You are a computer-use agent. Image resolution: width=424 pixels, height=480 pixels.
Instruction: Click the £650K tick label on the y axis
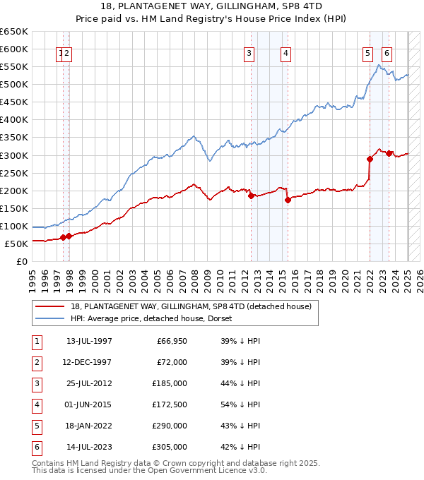click(x=14, y=32)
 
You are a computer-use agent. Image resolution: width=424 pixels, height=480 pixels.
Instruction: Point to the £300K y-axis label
click(x=14, y=155)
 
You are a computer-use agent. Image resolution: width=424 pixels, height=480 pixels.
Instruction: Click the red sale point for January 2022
click(x=370, y=159)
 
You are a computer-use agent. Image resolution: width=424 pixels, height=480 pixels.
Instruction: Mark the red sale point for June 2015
click(x=288, y=200)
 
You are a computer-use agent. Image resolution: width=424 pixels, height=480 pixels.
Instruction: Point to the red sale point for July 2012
click(x=251, y=196)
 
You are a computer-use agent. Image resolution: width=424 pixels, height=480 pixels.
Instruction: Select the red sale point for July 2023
click(x=389, y=153)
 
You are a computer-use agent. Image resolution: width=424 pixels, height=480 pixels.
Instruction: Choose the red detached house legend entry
click(x=191, y=306)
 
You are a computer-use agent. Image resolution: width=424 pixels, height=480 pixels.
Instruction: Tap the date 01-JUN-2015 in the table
click(x=89, y=404)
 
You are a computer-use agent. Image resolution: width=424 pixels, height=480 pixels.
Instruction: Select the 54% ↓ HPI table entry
click(x=240, y=404)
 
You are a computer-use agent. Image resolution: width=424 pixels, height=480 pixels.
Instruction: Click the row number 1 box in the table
click(x=35, y=341)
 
